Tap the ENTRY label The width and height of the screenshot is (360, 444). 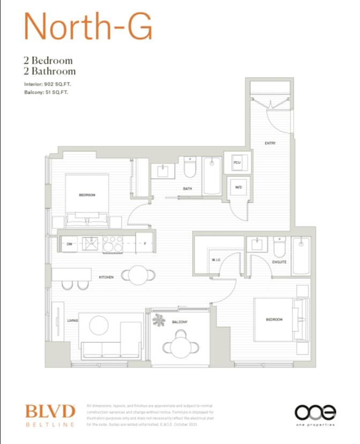click(270, 143)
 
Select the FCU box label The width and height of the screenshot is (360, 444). click(237, 162)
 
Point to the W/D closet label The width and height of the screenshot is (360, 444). click(238, 187)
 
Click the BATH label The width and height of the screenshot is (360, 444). click(187, 189)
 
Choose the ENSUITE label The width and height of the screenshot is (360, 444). click(279, 262)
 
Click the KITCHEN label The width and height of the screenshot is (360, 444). click(106, 277)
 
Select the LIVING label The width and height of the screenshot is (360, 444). click(72, 321)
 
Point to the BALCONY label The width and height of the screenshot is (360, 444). click(179, 322)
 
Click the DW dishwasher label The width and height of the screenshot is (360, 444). click(70, 244)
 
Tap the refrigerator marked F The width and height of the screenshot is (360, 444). click(145, 244)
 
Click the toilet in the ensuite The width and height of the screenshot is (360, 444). click(280, 247)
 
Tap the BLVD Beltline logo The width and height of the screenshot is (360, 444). click(49, 415)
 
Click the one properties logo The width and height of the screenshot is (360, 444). click(315, 415)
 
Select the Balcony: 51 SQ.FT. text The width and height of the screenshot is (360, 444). click(46, 92)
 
